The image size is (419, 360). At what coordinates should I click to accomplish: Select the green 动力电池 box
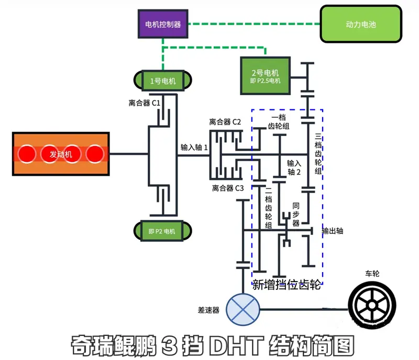pos(361,24)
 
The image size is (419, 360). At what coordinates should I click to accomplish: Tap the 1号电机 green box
pos(162,81)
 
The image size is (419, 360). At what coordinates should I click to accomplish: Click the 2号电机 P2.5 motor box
pos(265,76)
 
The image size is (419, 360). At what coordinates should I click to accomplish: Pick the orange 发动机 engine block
pos(61,154)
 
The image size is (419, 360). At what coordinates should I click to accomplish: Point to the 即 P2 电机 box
pos(162,230)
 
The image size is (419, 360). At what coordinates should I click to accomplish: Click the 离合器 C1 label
pos(144,103)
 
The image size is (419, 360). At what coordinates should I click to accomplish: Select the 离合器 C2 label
pos(225,122)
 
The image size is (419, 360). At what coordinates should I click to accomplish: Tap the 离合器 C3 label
pos(228,188)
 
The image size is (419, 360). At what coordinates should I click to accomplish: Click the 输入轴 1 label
pos(194,148)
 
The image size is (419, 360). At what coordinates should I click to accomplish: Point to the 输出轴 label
pos(333,231)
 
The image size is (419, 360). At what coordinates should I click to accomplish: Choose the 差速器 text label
pos(208,310)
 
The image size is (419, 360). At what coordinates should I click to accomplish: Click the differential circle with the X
pos(242,307)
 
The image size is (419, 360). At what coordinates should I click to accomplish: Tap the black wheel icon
pos(372,306)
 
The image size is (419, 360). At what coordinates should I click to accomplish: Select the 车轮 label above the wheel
pos(372,273)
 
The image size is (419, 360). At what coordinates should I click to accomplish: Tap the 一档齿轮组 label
pos(279,122)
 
